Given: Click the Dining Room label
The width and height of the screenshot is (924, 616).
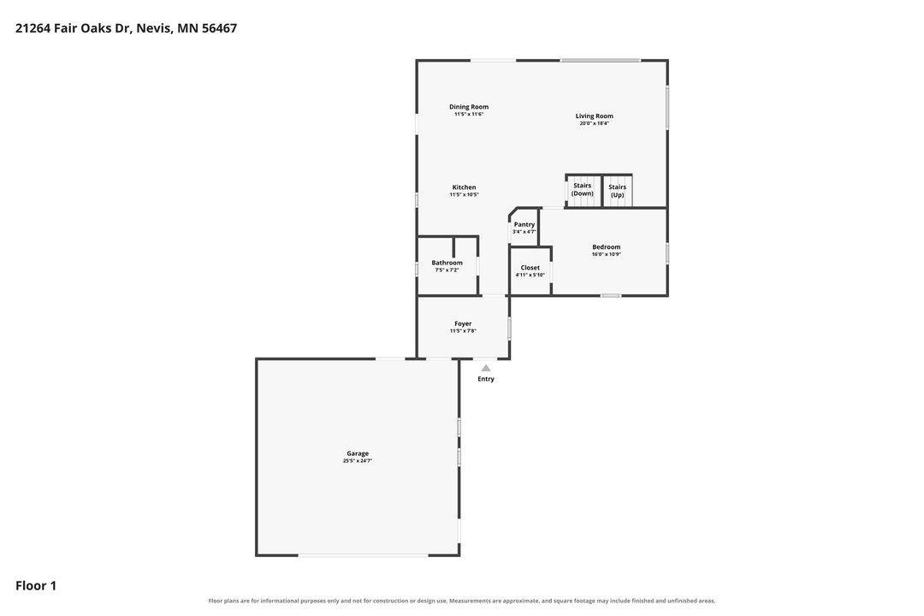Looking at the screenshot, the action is pos(469,107).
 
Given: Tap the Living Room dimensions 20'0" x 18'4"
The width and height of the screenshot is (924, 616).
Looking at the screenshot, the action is pos(594,123).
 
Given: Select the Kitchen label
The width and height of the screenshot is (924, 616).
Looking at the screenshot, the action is pos(464,187).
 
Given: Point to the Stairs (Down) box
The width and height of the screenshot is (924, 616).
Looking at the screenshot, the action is pos(583,191).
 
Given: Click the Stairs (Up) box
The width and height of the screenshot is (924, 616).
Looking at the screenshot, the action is pos(618,191).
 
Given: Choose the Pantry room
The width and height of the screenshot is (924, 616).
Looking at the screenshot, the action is pos(524,227).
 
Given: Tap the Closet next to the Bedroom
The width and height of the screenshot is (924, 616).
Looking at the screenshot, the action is pos(530,270).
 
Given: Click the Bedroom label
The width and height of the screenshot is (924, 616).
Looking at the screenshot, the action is pos(607,247).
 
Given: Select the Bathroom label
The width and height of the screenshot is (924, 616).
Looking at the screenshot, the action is pos(447,263).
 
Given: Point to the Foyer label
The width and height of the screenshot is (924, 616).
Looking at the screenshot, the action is pos(463,323).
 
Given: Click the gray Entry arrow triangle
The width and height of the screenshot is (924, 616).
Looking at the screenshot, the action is pos(486,368).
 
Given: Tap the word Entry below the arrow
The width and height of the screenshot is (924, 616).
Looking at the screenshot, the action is pos(486,379).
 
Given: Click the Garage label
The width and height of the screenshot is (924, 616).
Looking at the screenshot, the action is pos(358,453).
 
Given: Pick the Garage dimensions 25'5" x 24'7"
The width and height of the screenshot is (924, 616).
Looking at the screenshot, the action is pos(358,460).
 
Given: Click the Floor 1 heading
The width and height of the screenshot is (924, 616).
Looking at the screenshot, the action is pos(36,585).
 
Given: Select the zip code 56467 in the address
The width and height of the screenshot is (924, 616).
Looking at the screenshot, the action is pos(219,27).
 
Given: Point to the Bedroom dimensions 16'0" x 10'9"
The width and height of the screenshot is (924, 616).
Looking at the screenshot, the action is pos(607,254).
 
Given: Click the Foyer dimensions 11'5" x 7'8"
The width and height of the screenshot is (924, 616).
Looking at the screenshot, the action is pos(463,331).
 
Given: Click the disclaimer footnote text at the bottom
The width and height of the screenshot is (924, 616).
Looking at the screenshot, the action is pos(462,601).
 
